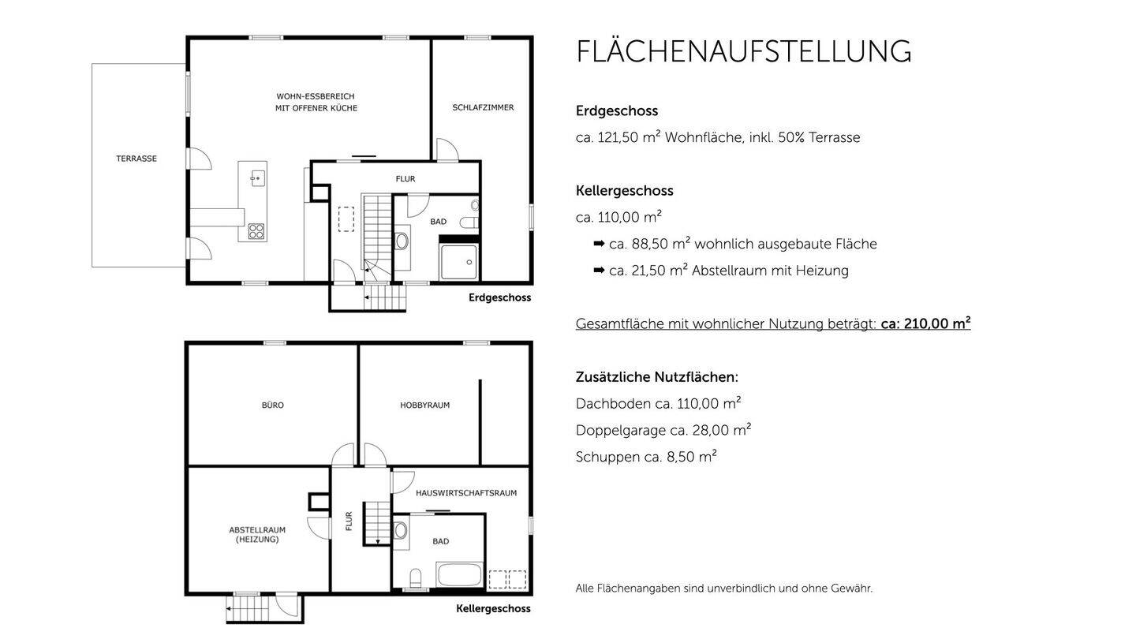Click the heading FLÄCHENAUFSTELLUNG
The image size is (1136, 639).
click(743, 52)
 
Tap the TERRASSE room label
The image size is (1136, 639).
click(136, 159)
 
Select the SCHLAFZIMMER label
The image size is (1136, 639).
click(483, 107)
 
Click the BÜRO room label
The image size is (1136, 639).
click(273, 405)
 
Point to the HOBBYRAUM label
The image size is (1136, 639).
click(424, 405)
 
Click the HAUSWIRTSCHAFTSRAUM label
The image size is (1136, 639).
click(466, 493)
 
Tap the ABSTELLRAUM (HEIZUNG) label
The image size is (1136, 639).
click(257, 535)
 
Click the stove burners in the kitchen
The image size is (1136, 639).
click(256, 231)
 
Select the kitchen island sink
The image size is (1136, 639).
click(256, 179)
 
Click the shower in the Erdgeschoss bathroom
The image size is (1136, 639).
click(458, 262)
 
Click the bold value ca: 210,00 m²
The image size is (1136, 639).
click(925, 323)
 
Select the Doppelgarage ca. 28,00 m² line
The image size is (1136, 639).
click(663, 430)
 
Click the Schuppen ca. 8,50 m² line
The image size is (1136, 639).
click(646, 457)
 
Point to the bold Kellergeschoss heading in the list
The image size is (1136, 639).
click(624, 191)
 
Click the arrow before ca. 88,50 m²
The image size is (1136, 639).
click(599, 244)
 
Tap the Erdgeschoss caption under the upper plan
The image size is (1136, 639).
click(499, 298)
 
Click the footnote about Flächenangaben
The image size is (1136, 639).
click(723, 589)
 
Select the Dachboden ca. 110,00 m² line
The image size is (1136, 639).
click(658, 404)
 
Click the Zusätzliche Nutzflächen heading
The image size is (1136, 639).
click(656, 377)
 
